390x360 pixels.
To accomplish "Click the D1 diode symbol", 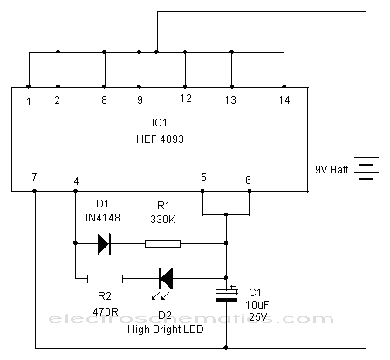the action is click(104, 243).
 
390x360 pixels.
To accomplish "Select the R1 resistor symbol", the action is click(162, 244).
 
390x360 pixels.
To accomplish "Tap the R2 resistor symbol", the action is click(105, 279).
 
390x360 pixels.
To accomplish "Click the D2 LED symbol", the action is click(166, 279).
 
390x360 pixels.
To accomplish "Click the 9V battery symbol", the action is click(366, 168).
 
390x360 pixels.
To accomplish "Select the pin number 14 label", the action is click(284, 100).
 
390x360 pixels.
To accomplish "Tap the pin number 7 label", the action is click(34, 177).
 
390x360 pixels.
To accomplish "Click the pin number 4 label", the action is click(76, 181).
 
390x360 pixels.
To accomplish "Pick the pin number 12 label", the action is click(186, 98).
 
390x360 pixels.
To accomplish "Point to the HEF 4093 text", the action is click(160, 139).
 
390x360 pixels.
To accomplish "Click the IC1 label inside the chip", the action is click(160, 123).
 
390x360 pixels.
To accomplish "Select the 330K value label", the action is click(163, 220).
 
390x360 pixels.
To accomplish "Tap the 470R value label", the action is click(106, 312).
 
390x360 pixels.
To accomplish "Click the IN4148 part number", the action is click(103, 218).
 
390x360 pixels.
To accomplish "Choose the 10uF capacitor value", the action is click(257, 305).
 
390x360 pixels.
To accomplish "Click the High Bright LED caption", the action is click(166, 329).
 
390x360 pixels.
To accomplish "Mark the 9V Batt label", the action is click(332, 169).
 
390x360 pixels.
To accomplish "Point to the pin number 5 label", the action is click(203, 178).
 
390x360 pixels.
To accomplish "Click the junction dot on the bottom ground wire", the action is click(226, 348).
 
